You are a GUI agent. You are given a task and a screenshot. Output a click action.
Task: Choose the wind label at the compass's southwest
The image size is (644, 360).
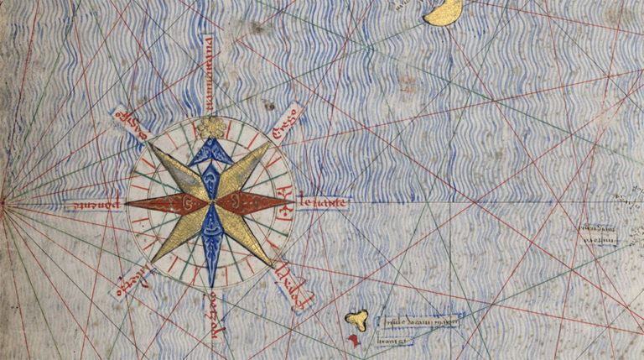pyautogui.click(x=130, y=276)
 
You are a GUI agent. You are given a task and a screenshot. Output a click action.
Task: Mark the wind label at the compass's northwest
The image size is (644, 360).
pyautogui.click(x=133, y=122)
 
